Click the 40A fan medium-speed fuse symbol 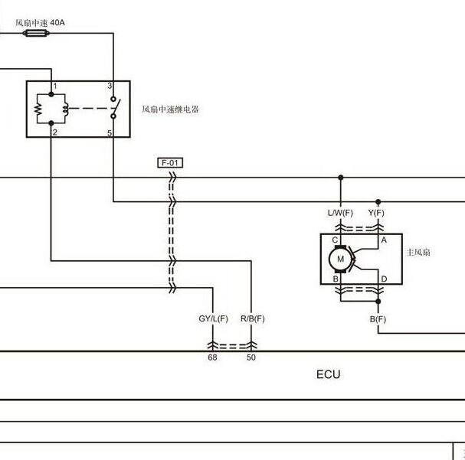(36, 33)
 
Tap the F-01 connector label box (170, 163)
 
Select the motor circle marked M (340, 259)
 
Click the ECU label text (328, 374)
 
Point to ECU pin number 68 (212, 357)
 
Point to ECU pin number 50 (251, 357)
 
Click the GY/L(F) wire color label (213, 318)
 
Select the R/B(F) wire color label (252, 318)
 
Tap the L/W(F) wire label (340, 213)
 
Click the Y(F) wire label (376, 213)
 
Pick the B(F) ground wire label (378, 319)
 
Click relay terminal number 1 (55, 86)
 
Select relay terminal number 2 (55, 132)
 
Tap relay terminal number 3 (110, 86)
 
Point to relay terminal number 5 (110, 133)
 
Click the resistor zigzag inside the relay (38, 109)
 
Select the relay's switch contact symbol (115, 107)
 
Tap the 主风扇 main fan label (418, 253)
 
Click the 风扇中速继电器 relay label (170, 109)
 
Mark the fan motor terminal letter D (384, 279)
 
